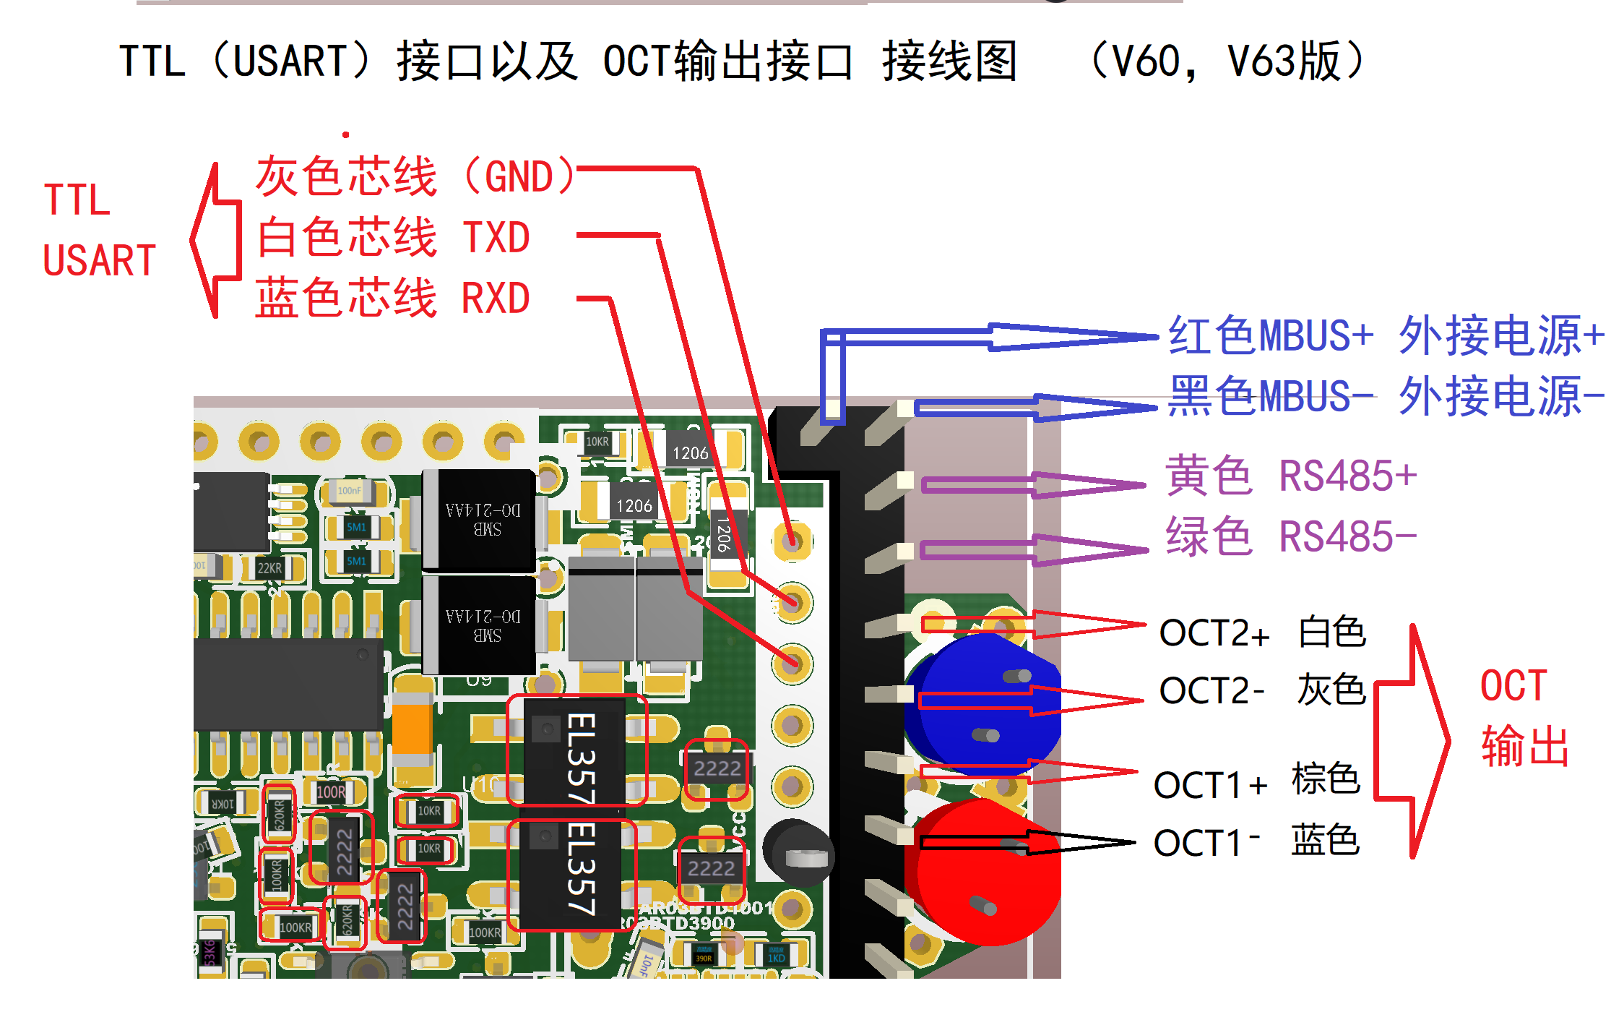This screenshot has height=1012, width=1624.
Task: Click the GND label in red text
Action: pos(519,178)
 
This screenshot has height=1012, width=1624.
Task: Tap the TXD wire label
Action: pos(496,238)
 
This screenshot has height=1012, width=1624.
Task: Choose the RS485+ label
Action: pos(1347,476)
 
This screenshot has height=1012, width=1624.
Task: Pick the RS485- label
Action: pos(1347,537)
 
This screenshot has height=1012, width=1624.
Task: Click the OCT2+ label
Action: pos(1214,633)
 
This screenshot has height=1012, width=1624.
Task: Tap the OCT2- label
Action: pos(1211,691)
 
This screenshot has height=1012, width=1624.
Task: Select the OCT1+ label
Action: pos(1210,785)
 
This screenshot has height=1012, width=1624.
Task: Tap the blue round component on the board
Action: pos(982,705)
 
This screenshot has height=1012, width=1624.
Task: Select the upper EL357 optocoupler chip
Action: pos(576,752)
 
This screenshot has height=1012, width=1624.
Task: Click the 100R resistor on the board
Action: pos(331,792)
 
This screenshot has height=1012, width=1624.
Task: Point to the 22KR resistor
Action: pos(269,568)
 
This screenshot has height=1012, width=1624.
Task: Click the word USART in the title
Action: pos(290,61)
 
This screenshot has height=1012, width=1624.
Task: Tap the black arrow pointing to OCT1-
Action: pos(1026,843)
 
